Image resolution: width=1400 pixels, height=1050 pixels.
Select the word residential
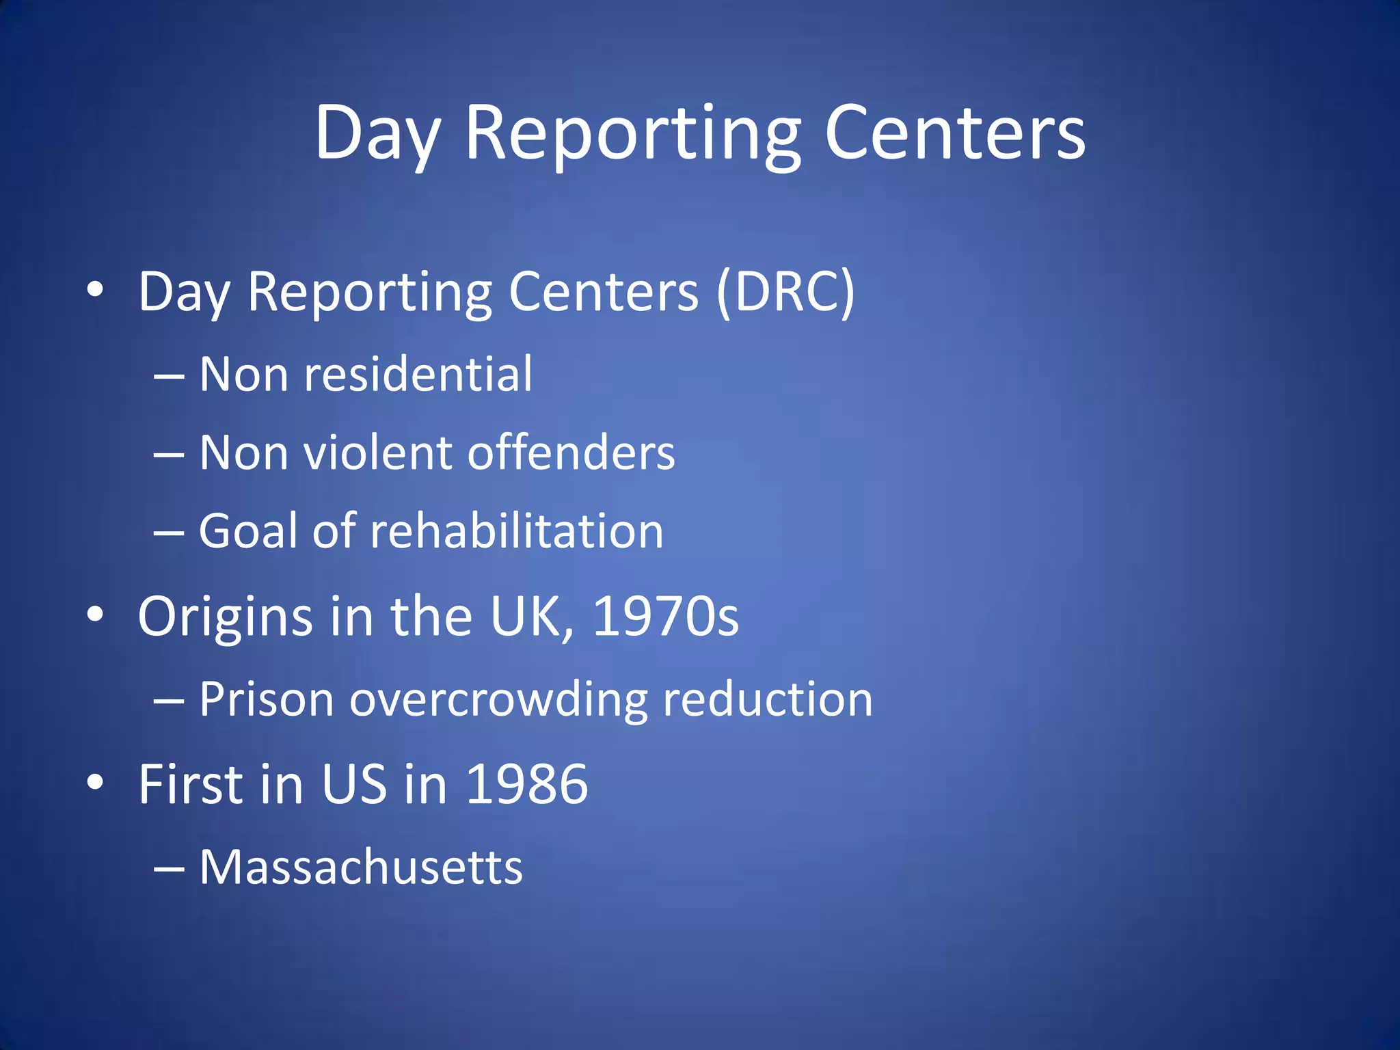tap(418, 375)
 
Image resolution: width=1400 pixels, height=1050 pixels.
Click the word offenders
tap(571, 453)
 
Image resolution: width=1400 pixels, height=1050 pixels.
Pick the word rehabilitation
tap(516, 531)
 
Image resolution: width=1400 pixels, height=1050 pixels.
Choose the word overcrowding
tap(498, 699)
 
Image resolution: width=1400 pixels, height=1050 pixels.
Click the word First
tap(191, 784)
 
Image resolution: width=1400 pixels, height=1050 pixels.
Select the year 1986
tap(526, 784)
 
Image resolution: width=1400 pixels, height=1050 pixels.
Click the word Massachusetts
tap(361, 867)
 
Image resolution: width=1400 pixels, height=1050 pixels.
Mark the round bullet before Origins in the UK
tap(95, 615)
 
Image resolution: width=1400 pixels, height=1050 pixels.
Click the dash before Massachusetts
tap(169, 869)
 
